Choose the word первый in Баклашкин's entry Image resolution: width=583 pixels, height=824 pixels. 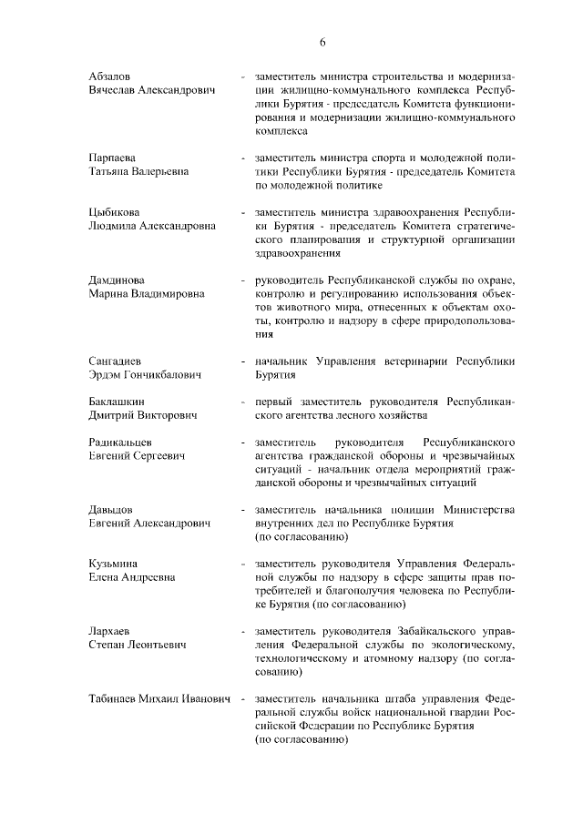pyautogui.click(x=273, y=402)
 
